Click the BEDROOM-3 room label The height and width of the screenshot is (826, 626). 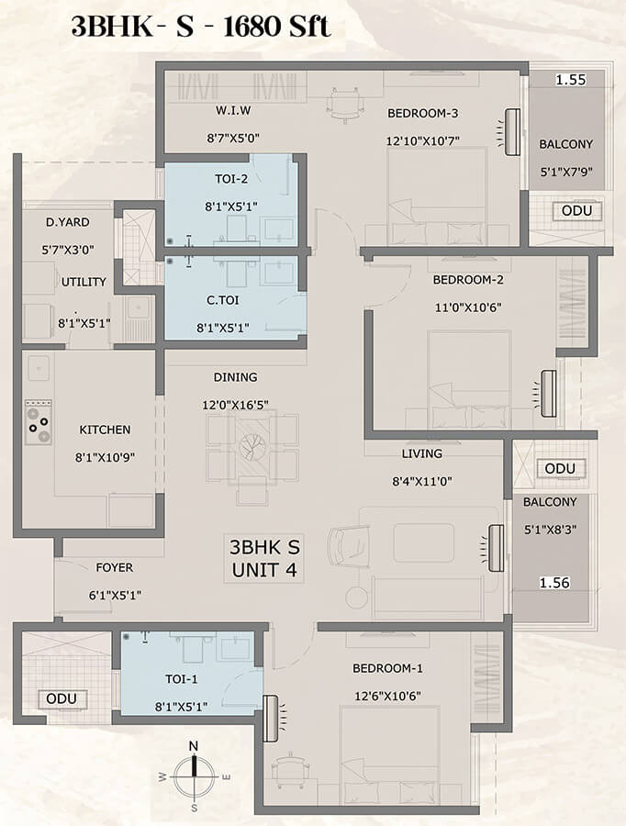pyautogui.click(x=422, y=113)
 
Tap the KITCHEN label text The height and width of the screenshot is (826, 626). pyautogui.click(x=105, y=430)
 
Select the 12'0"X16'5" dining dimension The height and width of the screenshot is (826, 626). pyautogui.click(x=236, y=405)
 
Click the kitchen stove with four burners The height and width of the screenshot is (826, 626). pyautogui.click(x=39, y=422)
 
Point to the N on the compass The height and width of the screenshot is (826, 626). pyautogui.click(x=194, y=746)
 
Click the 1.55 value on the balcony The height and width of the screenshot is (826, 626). pyautogui.click(x=571, y=80)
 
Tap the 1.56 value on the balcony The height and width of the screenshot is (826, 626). pyautogui.click(x=554, y=583)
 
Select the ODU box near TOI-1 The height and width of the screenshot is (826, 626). pyautogui.click(x=61, y=699)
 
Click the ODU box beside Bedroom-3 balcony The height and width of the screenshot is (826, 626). pyautogui.click(x=577, y=211)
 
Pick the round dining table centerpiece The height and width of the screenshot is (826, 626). pyautogui.click(x=252, y=446)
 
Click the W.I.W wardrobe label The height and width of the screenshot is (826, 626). pyautogui.click(x=233, y=111)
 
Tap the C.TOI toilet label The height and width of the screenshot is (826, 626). pyautogui.click(x=223, y=300)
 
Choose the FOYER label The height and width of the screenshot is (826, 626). pyautogui.click(x=115, y=568)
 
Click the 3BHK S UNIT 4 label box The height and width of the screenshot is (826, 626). pyautogui.click(x=264, y=558)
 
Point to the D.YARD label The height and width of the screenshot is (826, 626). pyautogui.click(x=67, y=222)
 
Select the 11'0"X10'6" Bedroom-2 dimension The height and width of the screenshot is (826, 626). pyautogui.click(x=468, y=307)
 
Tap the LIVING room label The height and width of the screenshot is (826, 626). pyautogui.click(x=422, y=453)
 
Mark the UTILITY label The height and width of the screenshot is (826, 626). pyautogui.click(x=84, y=282)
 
